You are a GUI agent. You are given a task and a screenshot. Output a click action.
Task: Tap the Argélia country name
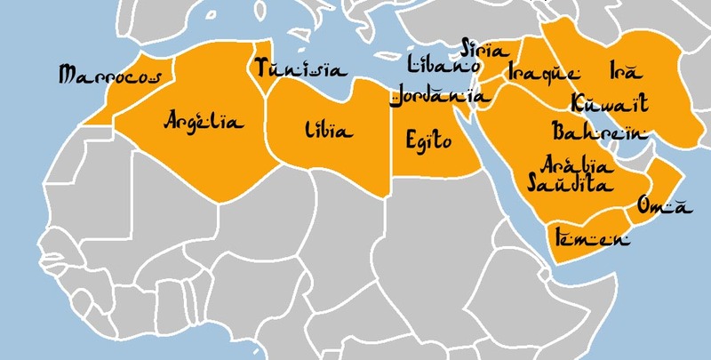tap(204, 121)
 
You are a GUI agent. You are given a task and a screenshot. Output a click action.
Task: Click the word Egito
tap(428, 140)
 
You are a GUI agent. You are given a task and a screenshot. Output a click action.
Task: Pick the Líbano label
tap(443, 66)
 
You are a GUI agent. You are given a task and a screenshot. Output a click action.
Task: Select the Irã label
tap(624, 68)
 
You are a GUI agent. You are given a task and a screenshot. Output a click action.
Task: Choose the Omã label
tap(663, 206)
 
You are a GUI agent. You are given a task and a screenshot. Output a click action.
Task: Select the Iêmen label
tap(591, 238)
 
